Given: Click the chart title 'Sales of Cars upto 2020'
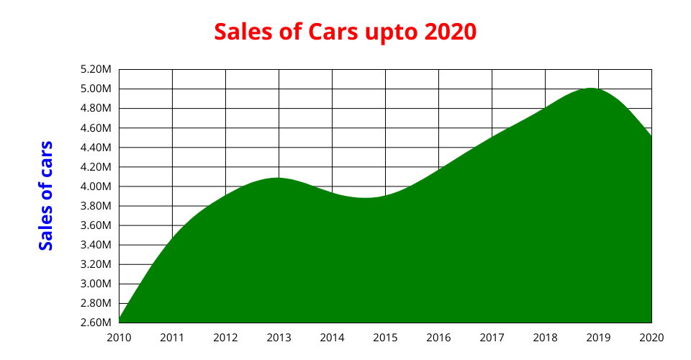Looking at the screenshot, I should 345,32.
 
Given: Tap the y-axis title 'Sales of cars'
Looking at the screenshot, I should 46,196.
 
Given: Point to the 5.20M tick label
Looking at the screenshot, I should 96,70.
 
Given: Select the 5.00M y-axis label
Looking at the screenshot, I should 96,89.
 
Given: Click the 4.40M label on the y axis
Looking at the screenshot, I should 96,148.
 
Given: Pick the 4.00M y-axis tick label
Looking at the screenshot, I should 96,186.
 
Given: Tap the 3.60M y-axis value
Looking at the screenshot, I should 96,225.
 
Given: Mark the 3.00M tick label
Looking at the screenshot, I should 96,284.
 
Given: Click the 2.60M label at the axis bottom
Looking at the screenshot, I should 96,323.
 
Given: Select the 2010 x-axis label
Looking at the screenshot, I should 119,337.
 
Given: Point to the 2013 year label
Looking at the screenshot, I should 279,337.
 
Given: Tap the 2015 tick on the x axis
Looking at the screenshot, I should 385,337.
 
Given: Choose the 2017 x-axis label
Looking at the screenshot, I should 492,337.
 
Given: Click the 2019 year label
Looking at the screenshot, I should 598,337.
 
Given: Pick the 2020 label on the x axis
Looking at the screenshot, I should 651,337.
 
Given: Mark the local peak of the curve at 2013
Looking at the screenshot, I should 278,178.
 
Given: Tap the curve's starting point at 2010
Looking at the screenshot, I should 119,320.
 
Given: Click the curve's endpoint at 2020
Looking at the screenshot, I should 651,137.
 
